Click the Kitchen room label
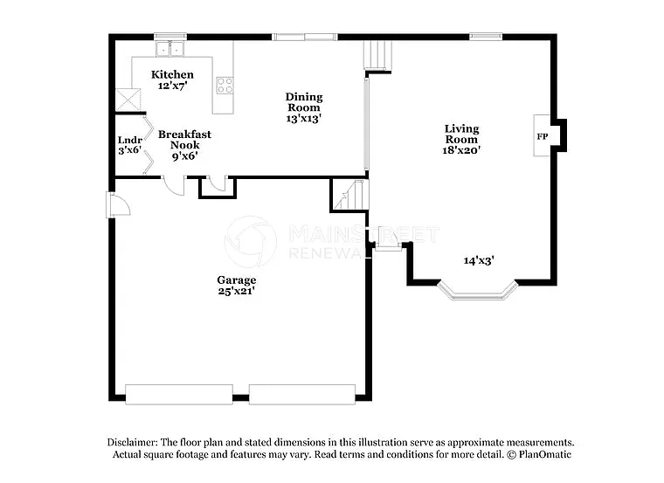(172, 74)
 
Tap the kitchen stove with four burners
(225, 86)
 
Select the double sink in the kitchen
(170, 48)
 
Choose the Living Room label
(461, 134)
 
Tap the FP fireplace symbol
(542, 137)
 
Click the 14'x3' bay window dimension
(479, 260)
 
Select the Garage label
(236, 279)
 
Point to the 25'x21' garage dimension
(236, 291)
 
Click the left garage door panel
(179, 394)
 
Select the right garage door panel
(302, 394)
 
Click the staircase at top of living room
(375, 55)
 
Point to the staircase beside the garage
(349, 195)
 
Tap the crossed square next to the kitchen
(129, 100)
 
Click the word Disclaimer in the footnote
(135, 443)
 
